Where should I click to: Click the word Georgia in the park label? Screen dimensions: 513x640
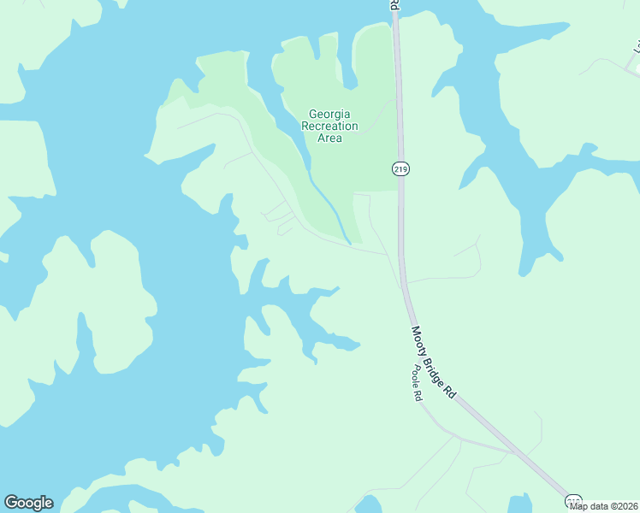329,114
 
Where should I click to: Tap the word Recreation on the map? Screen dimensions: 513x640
329,126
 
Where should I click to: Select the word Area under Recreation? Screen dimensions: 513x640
329,138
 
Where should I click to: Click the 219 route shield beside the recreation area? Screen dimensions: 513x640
401,169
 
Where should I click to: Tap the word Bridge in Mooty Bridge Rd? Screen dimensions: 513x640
436,367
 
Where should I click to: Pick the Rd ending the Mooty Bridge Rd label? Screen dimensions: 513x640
450,392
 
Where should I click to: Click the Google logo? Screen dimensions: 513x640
28,503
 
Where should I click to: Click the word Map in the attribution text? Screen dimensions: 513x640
580,506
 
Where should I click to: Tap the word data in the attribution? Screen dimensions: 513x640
598,506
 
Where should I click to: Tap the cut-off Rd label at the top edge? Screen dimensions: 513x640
394,5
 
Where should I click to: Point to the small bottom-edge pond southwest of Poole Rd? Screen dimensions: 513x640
368,505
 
